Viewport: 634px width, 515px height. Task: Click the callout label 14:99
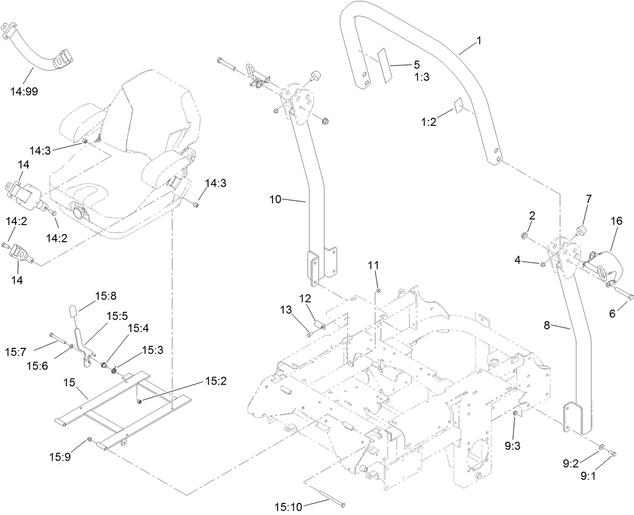pos(23,91)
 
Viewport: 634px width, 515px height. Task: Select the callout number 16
pos(616,221)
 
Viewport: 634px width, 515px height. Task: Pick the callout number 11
pos(375,265)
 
